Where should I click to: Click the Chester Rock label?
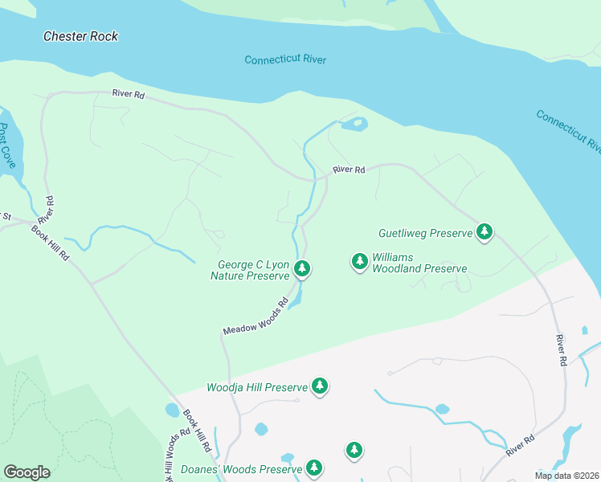(x=80, y=36)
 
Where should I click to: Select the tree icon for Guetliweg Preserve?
(x=484, y=232)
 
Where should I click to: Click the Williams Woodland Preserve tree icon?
(x=359, y=261)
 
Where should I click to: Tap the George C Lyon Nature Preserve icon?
(x=302, y=269)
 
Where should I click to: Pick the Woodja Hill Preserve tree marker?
(x=320, y=386)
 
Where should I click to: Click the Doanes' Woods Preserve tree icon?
(x=314, y=468)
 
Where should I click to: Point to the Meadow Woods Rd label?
(x=256, y=318)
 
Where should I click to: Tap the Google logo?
(x=27, y=472)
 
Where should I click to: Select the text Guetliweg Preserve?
(x=425, y=233)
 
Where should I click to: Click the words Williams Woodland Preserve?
(x=418, y=263)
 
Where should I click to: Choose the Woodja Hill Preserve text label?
(x=257, y=387)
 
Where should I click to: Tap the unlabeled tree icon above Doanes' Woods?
(x=354, y=450)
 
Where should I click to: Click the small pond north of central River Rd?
(x=354, y=124)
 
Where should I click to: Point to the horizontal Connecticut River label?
(x=285, y=60)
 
